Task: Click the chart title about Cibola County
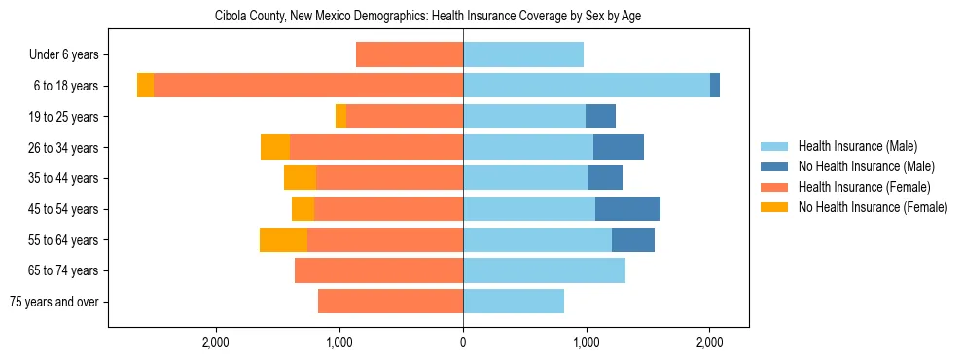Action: (x=427, y=17)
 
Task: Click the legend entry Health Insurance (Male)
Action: (x=856, y=146)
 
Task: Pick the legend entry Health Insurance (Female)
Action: (x=864, y=187)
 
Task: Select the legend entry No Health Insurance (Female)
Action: (x=873, y=207)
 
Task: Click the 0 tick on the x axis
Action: (x=463, y=342)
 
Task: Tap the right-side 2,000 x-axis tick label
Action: (x=709, y=342)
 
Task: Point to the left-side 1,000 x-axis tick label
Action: (x=339, y=342)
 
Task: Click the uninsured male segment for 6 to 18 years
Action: (x=715, y=86)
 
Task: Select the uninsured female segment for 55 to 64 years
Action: (x=283, y=239)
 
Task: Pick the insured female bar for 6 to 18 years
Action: (x=308, y=86)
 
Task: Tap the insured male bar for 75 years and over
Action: (x=514, y=302)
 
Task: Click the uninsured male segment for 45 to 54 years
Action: (x=627, y=209)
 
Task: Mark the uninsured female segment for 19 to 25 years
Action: (x=340, y=117)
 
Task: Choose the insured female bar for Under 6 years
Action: (x=410, y=55)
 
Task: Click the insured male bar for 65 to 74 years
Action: (x=544, y=270)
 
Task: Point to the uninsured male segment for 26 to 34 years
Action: (x=619, y=147)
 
